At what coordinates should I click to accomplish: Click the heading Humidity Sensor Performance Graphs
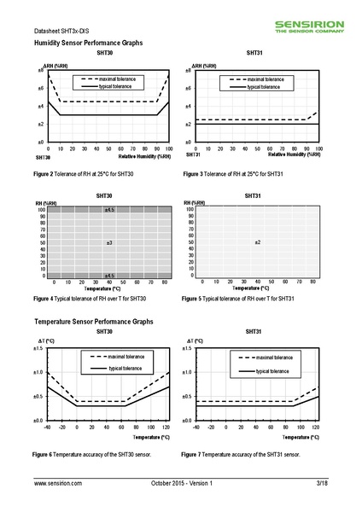coord(88,42)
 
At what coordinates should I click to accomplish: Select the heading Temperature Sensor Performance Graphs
coord(93,322)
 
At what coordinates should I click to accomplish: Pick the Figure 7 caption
coord(241,454)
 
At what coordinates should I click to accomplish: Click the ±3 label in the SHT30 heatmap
coord(109,243)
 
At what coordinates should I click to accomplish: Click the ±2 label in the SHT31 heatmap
coord(257,243)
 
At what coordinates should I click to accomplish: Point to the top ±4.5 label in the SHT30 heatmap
coord(109,209)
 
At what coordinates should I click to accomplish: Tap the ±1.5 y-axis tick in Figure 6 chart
coord(38,348)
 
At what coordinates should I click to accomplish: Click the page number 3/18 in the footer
coord(321,483)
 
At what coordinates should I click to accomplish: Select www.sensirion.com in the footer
coord(58,483)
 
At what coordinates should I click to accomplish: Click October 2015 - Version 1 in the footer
coord(181,483)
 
